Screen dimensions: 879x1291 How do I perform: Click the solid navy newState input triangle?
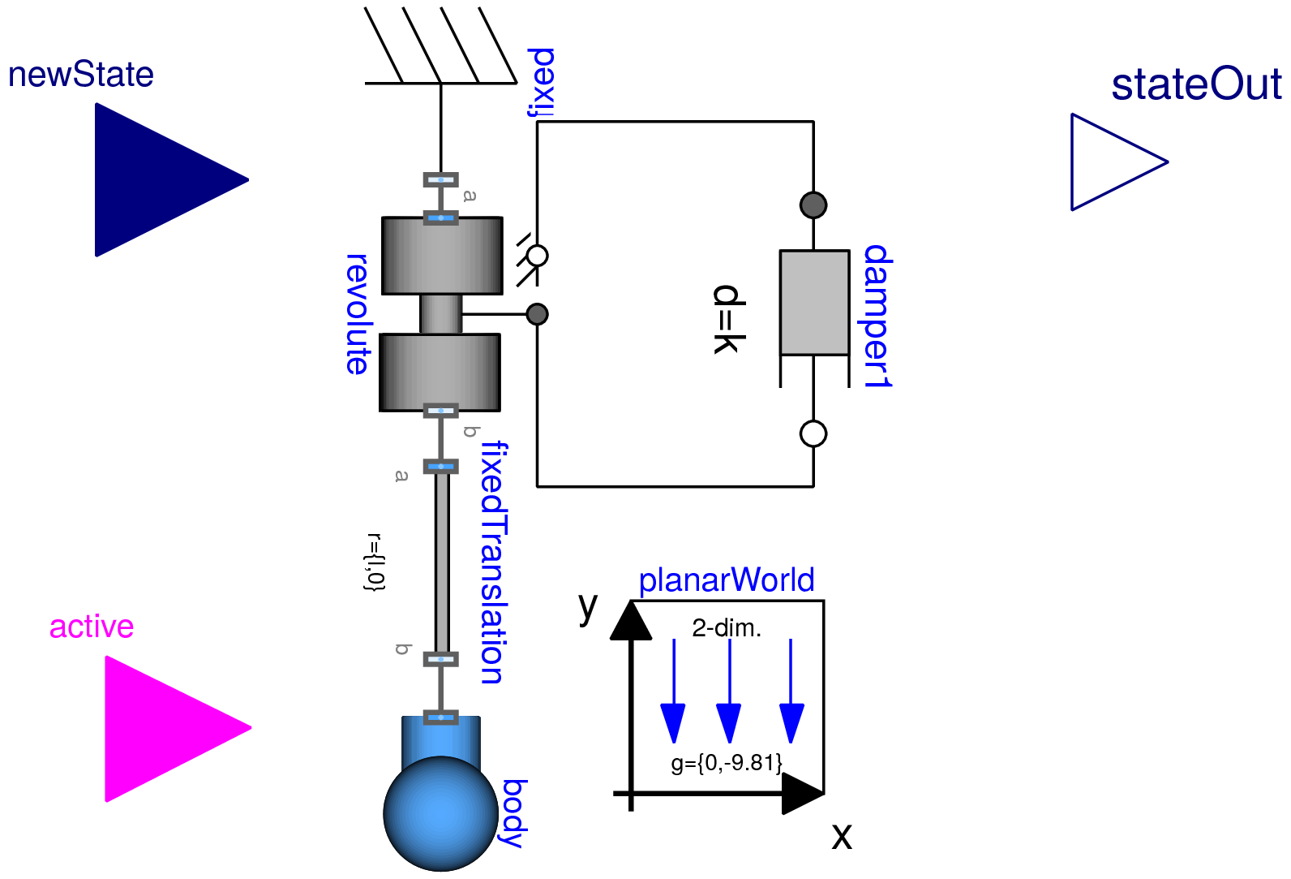pyautogui.click(x=158, y=179)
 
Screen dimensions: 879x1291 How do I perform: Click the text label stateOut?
pyautogui.click(x=1196, y=84)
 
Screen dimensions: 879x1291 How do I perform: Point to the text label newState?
pyautogui.click(x=81, y=75)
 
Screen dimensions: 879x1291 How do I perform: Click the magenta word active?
pyautogui.click(x=92, y=627)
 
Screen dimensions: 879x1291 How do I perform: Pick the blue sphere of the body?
pyautogui.click(x=440, y=813)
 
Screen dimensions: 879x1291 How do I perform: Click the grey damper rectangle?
pyautogui.click(x=814, y=302)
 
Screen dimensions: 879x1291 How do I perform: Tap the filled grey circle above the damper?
pyautogui.click(x=813, y=205)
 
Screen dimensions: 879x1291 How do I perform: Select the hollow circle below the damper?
pyautogui.click(x=813, y=433)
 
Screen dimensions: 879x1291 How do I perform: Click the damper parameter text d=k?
pyautogui.click(x=727, y=319)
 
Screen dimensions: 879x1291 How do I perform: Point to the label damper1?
pyautogui.click(x=877, y=317)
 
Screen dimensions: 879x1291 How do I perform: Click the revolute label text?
pyautogui.click(x=357, y=314)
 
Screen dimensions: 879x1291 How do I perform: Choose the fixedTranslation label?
pyautogui.click(x=493, y=562)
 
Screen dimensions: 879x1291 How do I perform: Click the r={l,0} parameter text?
pyautogui.click(x=375, y=562)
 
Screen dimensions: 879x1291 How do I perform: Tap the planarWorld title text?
pyautogui.click(x=726, y=580)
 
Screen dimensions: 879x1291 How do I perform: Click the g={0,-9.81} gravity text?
pyautogui.click(x=727, y=763)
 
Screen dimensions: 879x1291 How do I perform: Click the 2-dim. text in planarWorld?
pyautogui.click(x=727, y=628)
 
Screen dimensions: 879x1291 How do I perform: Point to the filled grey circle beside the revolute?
pyautogui.click(x=537, y=314)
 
